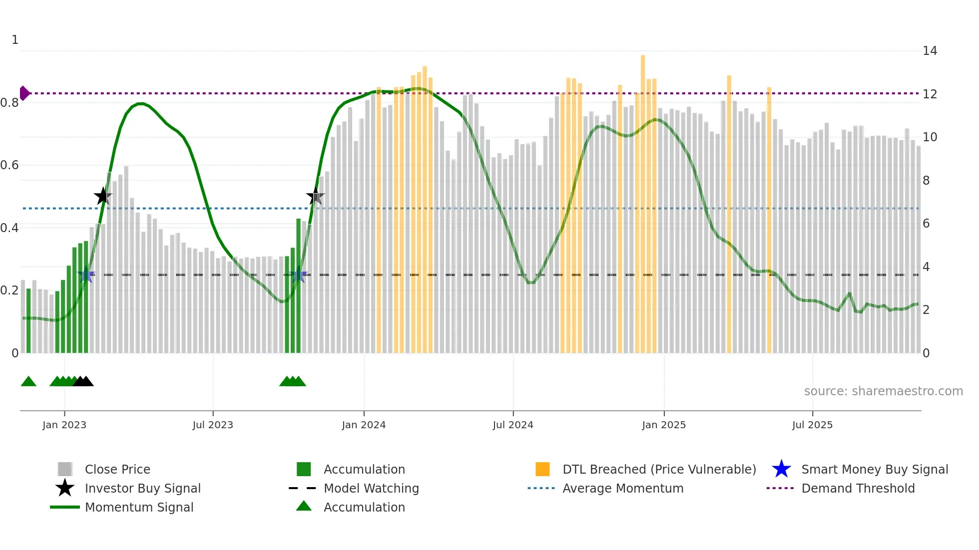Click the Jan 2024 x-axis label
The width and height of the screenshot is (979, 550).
[x=364, y=425]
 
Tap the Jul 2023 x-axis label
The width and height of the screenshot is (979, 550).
[x=213, y=425]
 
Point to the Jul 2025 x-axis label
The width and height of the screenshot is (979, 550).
[x=812, y=425]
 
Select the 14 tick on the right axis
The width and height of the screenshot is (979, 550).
[x=930, y=51]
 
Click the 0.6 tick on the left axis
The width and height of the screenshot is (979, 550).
[x=9, y=165]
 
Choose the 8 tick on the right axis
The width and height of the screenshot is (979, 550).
[x=926, y=181]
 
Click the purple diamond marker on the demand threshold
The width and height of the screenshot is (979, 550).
[x=24, y=93]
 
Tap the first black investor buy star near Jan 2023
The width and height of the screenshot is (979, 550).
[x=103, y=196]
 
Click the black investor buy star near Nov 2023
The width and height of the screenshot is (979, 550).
[x=315, y=196]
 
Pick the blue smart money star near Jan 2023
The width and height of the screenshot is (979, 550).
[x=86, y=275]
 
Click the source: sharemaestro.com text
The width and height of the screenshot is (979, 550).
[x=883, y=391]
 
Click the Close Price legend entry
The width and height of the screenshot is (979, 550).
[x=117, y=469]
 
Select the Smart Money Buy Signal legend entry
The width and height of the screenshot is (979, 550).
[x=874, y=469]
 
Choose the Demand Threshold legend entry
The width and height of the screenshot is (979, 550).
[x=858, y=488]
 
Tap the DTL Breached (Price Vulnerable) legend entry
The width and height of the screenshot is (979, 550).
[x=659, y=469]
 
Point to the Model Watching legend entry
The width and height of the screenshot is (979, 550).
[x=371, y=488]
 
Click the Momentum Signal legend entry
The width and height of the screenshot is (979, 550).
[x=138, y=507]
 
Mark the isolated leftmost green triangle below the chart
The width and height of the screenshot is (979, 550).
[x=28, y=382]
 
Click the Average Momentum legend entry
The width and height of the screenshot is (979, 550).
[x=622, y=488]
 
